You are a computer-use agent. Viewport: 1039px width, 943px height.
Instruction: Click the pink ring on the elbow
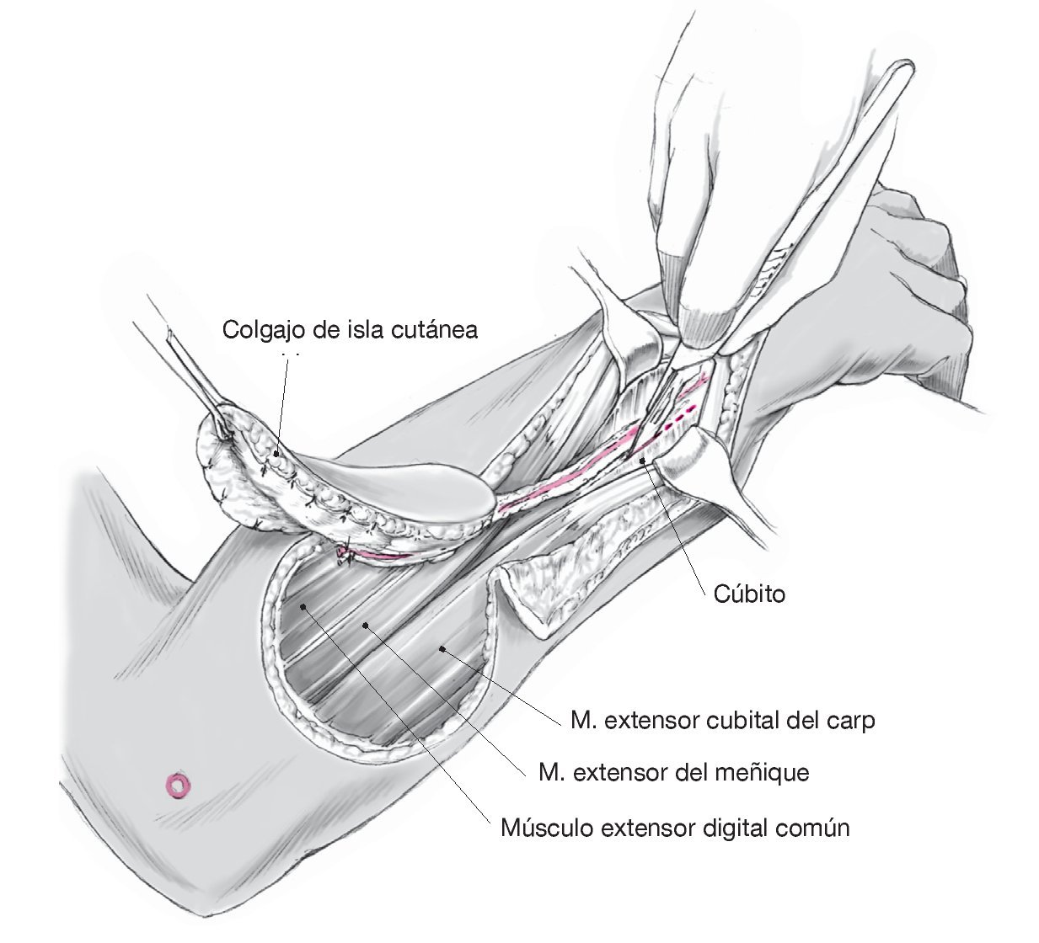pos(179,786)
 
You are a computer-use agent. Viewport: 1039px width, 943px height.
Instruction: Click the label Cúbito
pos(749,594)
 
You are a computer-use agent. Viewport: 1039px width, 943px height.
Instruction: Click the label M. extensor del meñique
pos(673,772)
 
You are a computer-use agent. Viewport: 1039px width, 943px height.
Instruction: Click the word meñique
pos(765,772)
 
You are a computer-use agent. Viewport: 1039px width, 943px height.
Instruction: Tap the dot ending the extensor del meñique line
pos(365,624)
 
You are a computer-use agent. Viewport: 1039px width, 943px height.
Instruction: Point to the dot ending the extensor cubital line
pos(442,648)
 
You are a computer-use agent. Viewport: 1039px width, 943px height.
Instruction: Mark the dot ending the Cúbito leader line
pos(644,460)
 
